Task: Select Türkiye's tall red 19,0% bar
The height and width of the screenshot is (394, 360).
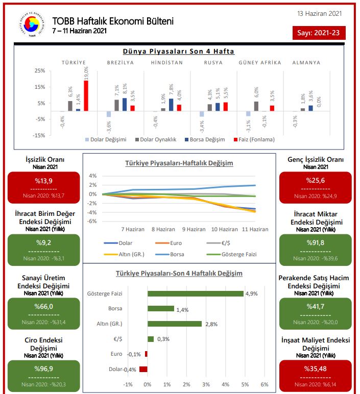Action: (86, 95)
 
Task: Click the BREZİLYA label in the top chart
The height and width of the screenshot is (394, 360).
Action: (121, 63)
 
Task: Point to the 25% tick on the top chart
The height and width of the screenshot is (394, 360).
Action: (39, 70)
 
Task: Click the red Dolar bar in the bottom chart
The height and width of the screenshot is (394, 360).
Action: (143, 369)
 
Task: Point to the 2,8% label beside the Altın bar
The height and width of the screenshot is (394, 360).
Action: (211, 324)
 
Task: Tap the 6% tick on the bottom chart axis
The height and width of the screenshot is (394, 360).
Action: (265, 384)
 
